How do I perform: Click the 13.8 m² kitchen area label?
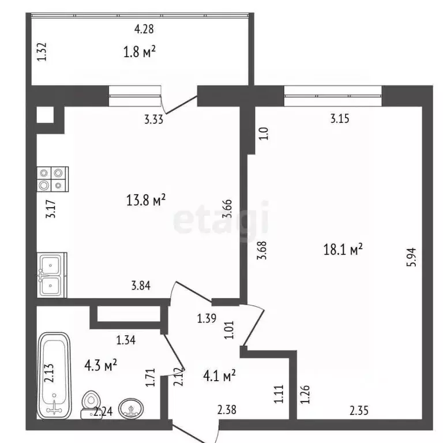pyautogui.click(x=146, y=200)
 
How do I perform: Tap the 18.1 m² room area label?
pyautogui.click(x=343, y=250)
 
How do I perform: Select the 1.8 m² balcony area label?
pyautogui.click(x=139, y=52)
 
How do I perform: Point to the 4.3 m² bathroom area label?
pyautogui.click(x=100, y=365)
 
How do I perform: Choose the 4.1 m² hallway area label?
pyautogui.click(x=219, y=376)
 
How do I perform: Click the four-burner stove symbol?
pyautogui.click(x=52, y=179)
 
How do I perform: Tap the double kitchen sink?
pyautogui.click(x=52, y=275)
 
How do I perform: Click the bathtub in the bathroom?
pyautogui.click(x=54, y=376)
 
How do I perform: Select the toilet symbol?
pyautogui.click(x=90, y=404)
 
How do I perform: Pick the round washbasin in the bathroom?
pyautogui.click(x=131, y=408)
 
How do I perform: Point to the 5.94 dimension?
pyautogui.click(x=412, y=257)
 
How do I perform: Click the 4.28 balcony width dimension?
pyautogui.click(x=144, y=29)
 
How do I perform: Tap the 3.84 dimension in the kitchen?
pyautogui.click(x=141, y=286)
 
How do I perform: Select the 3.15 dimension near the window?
pyautogui.click(x=340, y=118)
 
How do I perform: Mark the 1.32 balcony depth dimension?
pyautogui.click(x=42, y=52)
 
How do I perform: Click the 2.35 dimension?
pyautogui.click(x=359, y=411)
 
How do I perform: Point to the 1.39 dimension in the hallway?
pyautogui.click(x=207, y=318)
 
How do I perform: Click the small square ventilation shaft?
pyautogui.click(x=45, y=115)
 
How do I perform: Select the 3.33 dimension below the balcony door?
pyautogui.click(x=153, y=119)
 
